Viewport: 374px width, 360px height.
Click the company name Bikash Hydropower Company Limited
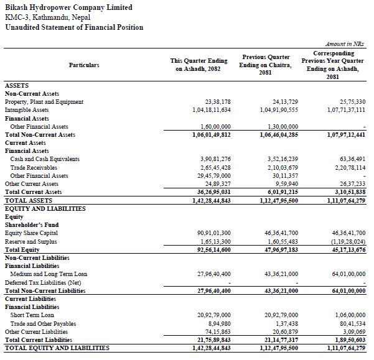tap(68, 7)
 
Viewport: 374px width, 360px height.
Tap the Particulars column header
tap(84, 65)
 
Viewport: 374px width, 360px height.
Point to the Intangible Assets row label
tap(27, 110)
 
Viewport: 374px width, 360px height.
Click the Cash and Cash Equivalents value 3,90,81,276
tap(213, 159)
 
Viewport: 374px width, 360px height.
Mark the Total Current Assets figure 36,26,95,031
tap(212, 192)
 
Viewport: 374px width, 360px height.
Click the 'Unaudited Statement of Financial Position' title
tap(74, 27)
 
